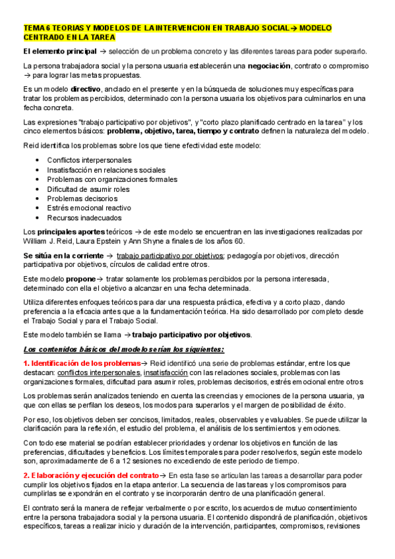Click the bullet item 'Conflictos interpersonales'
pyautogui.click(x=89, y=160)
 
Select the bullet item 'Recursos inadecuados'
pyautogui.click(x=84, y=218)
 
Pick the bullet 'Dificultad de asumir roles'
pyautogui.click(x=88, y=189)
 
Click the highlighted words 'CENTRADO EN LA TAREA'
pyautogui.click(x=63, y=38)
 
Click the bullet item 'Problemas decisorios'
pyautogui.click(x=82, y=198)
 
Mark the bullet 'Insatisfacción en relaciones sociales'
pyautogui.click(x=106, y=170)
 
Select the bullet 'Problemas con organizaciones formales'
pyautogui.click(x=112, y=179)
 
